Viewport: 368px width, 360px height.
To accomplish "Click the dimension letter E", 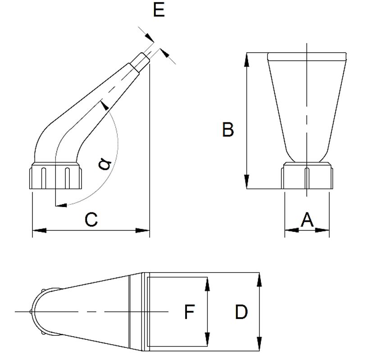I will pyautogui.click(x=159, y=9).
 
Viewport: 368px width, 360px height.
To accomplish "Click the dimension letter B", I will pyautogui.click(x=228, y=130).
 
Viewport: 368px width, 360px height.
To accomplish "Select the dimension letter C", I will pyautogui.click(x=91, y=220).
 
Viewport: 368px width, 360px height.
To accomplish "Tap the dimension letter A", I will pyautogui.click(x=307, y=220).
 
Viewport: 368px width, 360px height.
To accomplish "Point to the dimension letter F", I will pyautogui.click(x=190, y=312).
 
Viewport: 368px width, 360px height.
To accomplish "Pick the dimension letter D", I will pyautogui.click(x=241, y=312).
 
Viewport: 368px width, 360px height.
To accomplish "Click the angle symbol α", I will pyautogui.click(x=105, y=164).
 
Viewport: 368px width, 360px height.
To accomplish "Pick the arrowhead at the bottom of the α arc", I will pyautogui.click(x=61, y=206).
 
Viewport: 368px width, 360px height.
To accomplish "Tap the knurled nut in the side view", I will pyautogui.click(x=56, y=177).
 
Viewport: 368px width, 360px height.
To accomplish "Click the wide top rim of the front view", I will pyautogui.click(x=307, y=57).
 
